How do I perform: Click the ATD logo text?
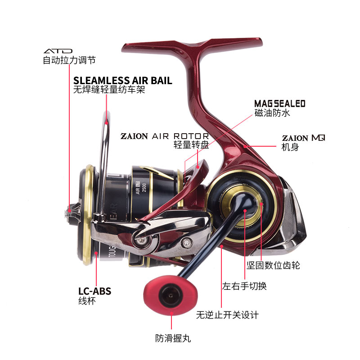(x=58, y=51)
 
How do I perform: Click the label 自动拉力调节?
(x=69, y=60)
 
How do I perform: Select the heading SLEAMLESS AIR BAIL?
(x=122, y=81)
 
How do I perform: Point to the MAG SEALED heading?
(x=279, y=104)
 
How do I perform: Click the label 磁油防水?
(x=272, y=113)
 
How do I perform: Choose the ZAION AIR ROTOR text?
(x=164, y=136)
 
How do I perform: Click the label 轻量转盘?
(x=191, y=145)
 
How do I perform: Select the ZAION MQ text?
(x=303, y=138)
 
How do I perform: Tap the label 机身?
(x=290, y=147)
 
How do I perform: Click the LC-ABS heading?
(x=94, y=292)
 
